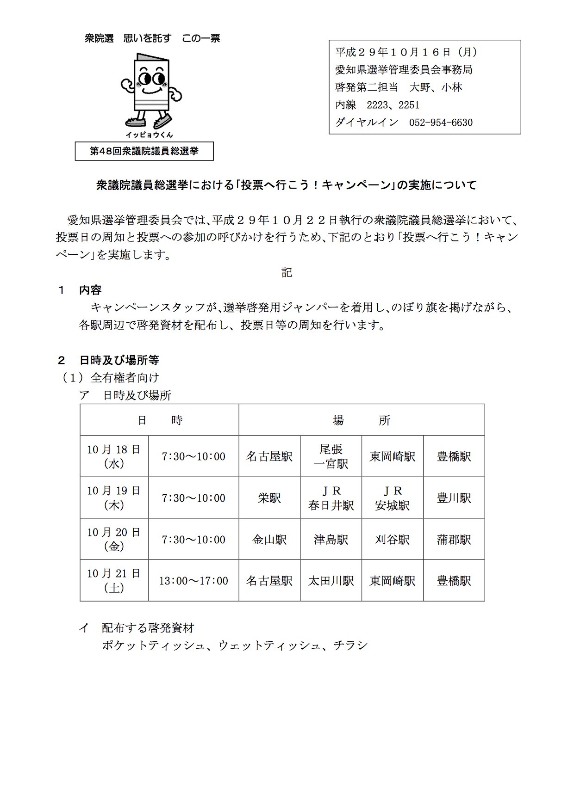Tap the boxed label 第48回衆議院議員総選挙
coord(144,151)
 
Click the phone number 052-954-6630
coord(441,123)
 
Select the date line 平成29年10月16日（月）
coord(406,52)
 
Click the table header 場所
coord(362,420)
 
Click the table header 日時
coord(160,420)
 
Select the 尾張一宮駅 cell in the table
coord(331,456)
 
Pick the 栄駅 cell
coord(269,498)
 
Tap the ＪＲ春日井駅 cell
coord(331,498)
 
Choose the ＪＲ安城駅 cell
coord(393,498)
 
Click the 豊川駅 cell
coord(454,498)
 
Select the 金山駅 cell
coord(269,540)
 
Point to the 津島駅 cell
coord(331,540)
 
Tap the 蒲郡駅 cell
coord(454,540)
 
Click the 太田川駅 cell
coord(331,581)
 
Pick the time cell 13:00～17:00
coord(193,581)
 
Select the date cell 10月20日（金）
coord(114,540)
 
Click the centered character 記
coord(287,272)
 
